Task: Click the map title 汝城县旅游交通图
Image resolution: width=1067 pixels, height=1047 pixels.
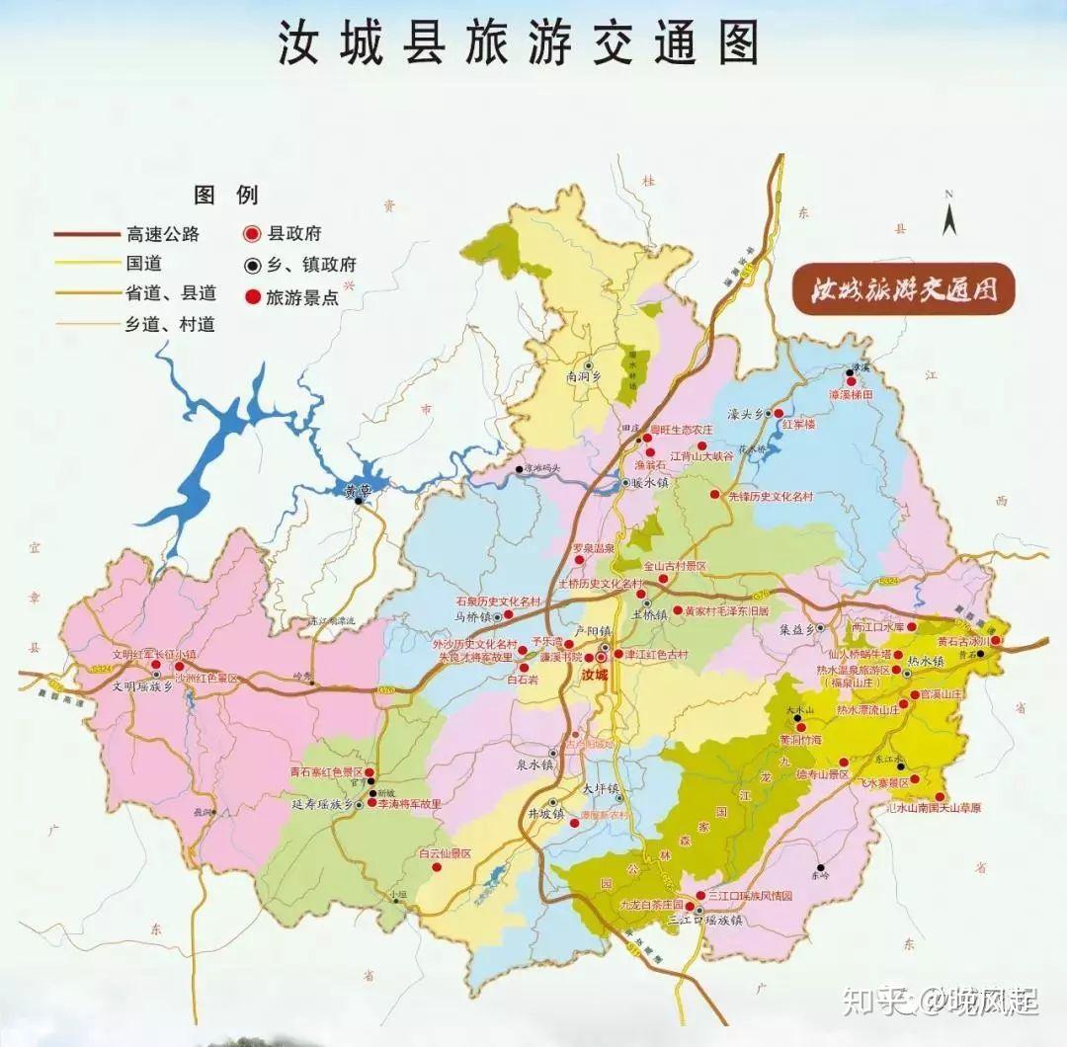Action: pos(518,44)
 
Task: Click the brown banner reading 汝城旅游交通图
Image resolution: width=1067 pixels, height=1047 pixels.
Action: pos(901,289)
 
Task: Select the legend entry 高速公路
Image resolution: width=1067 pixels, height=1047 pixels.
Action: pos(163,234)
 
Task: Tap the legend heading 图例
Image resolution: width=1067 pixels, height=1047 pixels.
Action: pos(225,195)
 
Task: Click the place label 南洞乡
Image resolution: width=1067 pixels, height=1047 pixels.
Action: pos(584,376)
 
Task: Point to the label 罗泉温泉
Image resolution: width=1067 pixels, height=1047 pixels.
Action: pos(593,548)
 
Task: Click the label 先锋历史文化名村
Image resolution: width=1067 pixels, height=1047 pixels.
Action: pos(771,496)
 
